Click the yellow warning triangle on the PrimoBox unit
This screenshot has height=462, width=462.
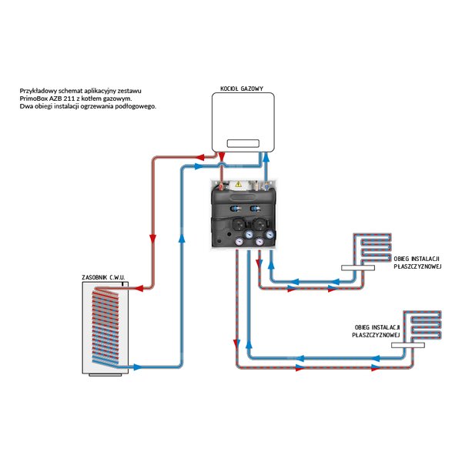239,185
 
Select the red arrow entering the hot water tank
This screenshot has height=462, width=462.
130,288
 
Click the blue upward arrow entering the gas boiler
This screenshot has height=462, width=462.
266,156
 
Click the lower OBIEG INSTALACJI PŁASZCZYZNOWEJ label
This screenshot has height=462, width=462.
374,332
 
